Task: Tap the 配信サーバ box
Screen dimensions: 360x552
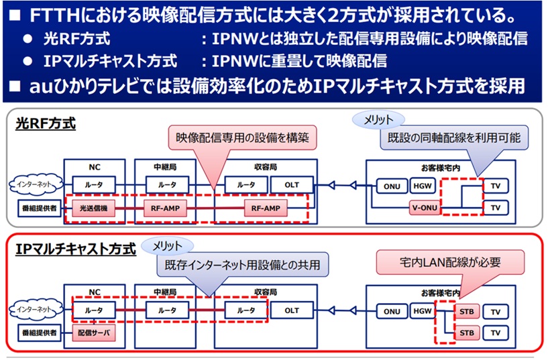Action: click(x=93, y=333)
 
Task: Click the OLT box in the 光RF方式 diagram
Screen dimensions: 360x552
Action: click(x=292, y=185)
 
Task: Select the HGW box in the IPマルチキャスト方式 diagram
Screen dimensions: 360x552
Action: click(x=422, y=311)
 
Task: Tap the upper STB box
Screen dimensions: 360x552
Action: click(x=463, y=311)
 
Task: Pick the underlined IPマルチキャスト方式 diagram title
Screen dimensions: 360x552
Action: click(x=76, y=249)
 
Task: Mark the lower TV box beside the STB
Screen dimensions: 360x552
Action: click(x=496, y=333)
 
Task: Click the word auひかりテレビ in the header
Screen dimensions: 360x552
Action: click(x=81, y=86)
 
